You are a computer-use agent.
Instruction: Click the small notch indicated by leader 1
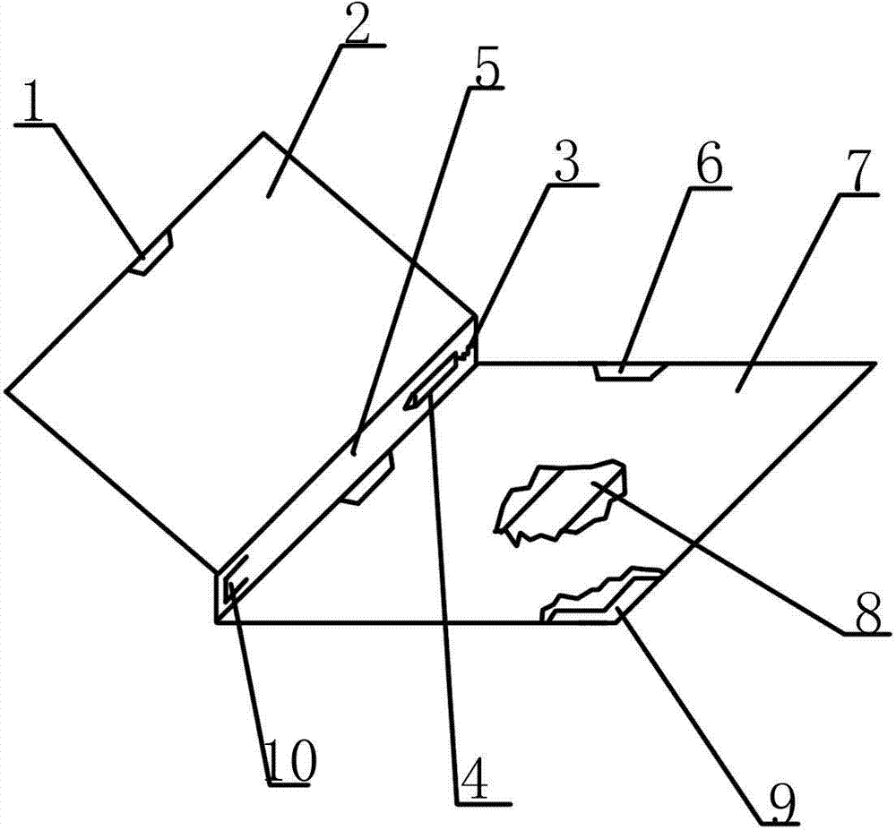click(x=152, y=252)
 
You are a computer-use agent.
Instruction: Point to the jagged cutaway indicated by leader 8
click(x=562, y=501)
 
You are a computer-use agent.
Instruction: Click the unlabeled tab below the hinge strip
click(x=368, y=478)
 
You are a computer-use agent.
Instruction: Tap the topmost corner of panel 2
click(x=263, y=133)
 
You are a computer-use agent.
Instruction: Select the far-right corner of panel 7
click(x=874, y=363)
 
